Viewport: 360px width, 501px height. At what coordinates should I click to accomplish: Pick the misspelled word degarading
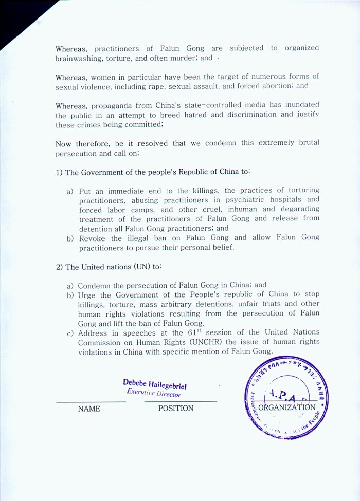pyautogui.click(x=299, y=209)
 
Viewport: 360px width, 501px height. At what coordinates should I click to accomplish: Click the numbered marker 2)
pyautogui.click(x=59, y=267)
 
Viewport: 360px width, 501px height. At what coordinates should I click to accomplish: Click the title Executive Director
pyautogui.click(x=154, y=394)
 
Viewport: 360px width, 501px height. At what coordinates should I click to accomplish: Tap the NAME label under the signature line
pyautogui.click(x=89, y=409)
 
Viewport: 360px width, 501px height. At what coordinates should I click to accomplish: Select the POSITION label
pyautogui.click(x=175, y=409)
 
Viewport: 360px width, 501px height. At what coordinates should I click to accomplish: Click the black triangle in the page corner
pyautogui.click(x=13, y=15)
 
